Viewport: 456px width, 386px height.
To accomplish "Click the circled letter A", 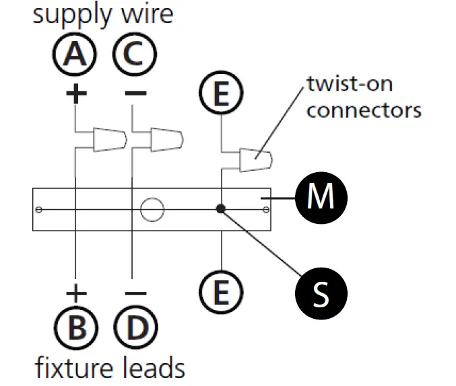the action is pos(75,54).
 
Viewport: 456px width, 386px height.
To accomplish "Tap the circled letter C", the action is pos(135,54).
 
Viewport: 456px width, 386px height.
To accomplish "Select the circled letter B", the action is pos(76,327).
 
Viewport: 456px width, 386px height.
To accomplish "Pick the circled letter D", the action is pos(136,327).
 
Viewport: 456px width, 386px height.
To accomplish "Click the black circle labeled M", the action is pos(321,198).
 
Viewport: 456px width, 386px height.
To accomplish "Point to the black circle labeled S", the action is pos(321,293).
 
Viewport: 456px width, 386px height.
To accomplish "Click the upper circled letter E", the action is pos(221,93).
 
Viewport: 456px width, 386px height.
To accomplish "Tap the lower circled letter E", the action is pos(221,292).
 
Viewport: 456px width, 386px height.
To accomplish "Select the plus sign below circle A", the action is pos(76,93).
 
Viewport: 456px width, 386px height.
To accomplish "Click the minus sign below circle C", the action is pos(135,93).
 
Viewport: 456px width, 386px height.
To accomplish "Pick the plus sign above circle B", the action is pos(76,293).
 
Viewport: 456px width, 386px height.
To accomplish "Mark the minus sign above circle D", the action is pos(135,293).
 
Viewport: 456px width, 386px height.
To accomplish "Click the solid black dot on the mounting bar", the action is pos(221,208).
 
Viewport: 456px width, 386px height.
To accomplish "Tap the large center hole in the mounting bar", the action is pos(152,209).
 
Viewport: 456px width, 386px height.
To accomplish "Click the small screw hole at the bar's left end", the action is pos(38,209).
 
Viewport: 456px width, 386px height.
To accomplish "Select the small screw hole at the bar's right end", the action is pos(266,209).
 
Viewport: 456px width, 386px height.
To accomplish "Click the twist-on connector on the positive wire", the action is pos(110,139).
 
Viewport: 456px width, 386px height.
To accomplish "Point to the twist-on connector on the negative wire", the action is pos(167,139).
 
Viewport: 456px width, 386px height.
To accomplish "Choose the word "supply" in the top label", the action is pos(72,15).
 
